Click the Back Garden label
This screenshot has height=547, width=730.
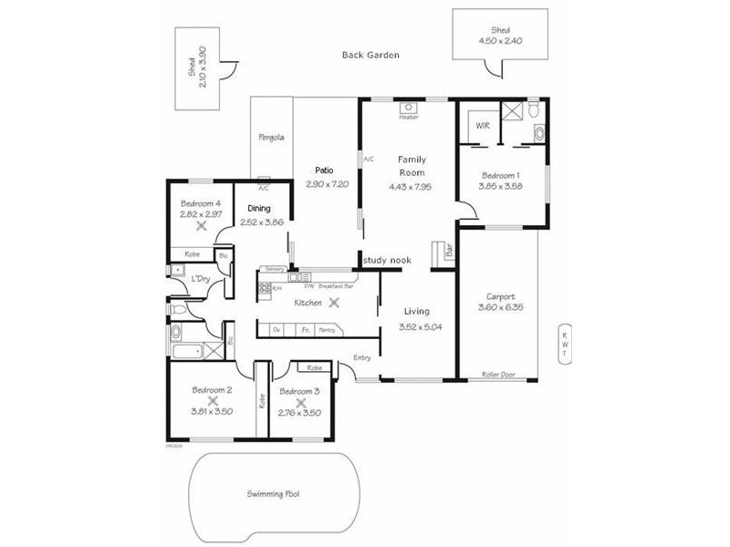click(370, 55)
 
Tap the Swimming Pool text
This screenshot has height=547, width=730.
click(273, 494)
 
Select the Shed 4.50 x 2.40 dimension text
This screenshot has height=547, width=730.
click(499, 41)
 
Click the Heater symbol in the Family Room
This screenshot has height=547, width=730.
click(409, 108)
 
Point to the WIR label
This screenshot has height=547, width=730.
click(483, 126)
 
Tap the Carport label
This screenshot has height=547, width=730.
click(500, 296)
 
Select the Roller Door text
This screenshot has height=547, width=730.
click(499, 374)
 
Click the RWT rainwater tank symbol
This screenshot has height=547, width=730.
click(565, 344)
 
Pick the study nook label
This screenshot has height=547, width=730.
click(387, 261)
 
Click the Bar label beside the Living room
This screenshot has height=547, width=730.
click(449, 253)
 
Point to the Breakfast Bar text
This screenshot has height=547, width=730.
click(337, 285)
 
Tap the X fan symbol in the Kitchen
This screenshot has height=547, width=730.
click(334, 302)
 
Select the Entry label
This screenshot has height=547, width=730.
click(363, 357)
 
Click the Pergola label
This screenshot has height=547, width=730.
click(271, 138)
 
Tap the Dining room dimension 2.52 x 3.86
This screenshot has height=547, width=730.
click(262, 222)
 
